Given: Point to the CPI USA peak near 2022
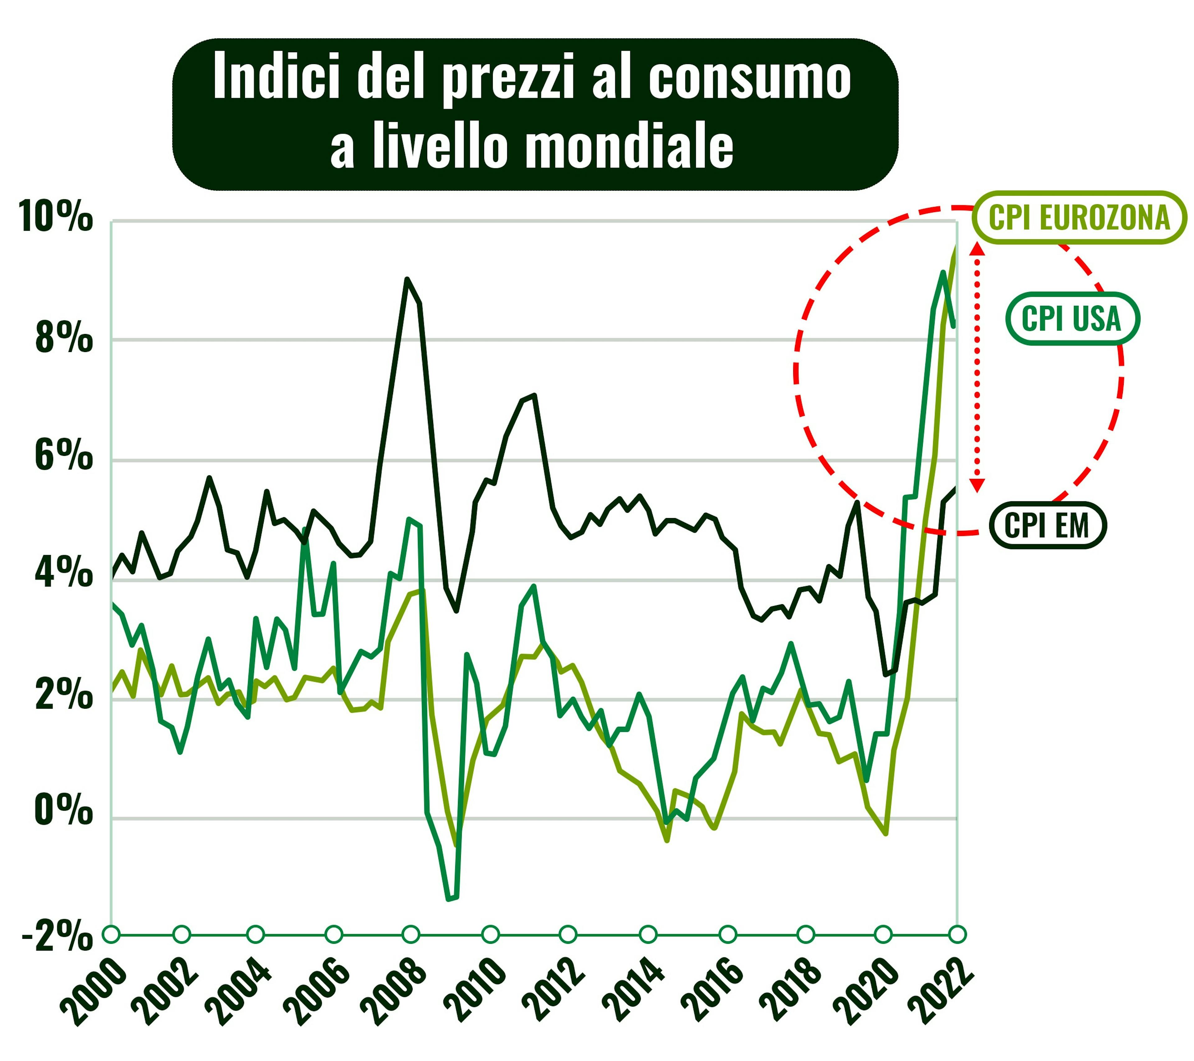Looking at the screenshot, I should pyautogui.click(x=943, y=272).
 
